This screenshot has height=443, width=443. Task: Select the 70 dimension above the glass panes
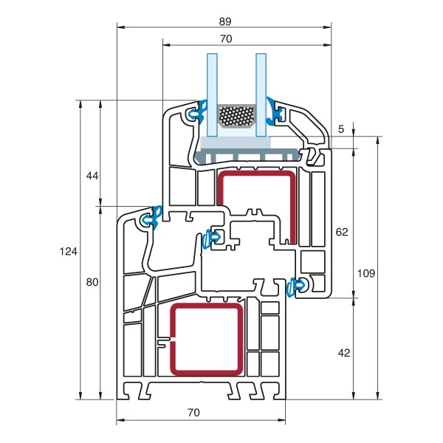point(225,38)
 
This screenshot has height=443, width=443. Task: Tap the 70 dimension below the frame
point(193,413)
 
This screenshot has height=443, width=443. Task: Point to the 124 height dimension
point(68,252)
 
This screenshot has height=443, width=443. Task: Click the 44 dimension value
point(92,176)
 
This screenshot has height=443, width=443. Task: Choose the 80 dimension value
point(92,282)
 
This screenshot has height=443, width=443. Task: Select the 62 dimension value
point(341,232)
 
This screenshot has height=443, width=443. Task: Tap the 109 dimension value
point(366,272)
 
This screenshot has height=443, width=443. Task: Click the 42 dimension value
point(343,353)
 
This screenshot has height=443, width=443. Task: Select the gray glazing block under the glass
point(247,153)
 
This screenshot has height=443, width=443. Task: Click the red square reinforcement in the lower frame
point(207,339)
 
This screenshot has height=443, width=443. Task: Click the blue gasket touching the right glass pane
point(277,111)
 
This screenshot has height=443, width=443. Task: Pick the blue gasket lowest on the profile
point(298,285)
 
